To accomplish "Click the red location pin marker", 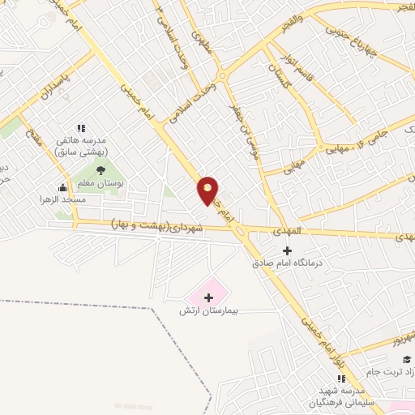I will click(x=208, y=190).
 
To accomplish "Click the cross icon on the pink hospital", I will click(x=208, y=297).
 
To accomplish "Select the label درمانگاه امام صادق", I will click(x=282, y=263).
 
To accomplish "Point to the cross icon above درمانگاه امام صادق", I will click(x=286, y=250).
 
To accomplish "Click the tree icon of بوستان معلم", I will click(x=101, y=170).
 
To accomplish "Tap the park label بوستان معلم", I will click(x=102, y=184).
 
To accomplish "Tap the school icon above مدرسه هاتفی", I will click(x=80, y=128).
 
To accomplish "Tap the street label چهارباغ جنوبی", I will click(x=352, y=39).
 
